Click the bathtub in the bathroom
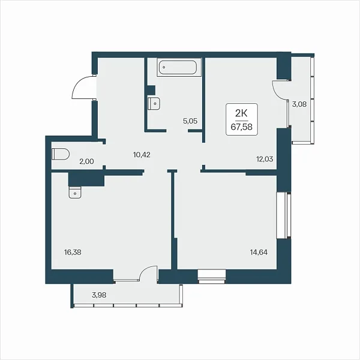(179, 67)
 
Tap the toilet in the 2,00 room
(61, 154)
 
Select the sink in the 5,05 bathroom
(154, 103)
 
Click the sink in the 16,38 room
(75, 193)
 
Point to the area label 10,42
(142, 155)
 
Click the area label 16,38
(73, 253)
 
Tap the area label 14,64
(259, 253)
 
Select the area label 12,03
(265, 159)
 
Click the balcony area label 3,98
(99, 295)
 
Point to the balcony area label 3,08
(299, 104)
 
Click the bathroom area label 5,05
(190, 121)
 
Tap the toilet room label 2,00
(86, 161)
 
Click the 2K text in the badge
(242, 113)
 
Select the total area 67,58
(242, 127)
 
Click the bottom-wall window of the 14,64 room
(212, 277)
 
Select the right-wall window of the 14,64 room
(284, 215)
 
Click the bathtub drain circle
(164, 67)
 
